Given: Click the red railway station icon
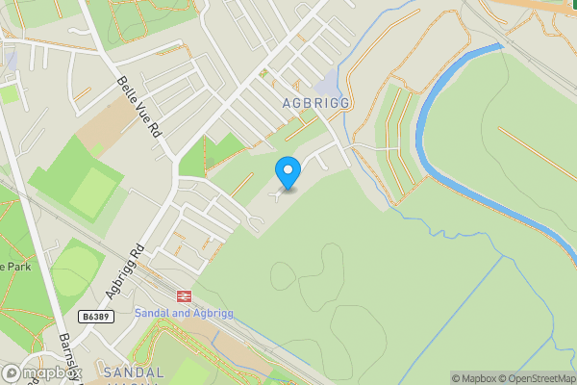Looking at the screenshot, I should click(183, 296).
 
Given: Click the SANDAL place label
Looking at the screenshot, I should click(134, 372).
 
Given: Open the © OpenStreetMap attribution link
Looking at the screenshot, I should click(535, 378).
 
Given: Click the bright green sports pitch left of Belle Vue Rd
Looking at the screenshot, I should click(94, 192).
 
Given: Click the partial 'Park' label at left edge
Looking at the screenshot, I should click(15, 267).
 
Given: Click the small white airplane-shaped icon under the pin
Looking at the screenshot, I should click(279, 195).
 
